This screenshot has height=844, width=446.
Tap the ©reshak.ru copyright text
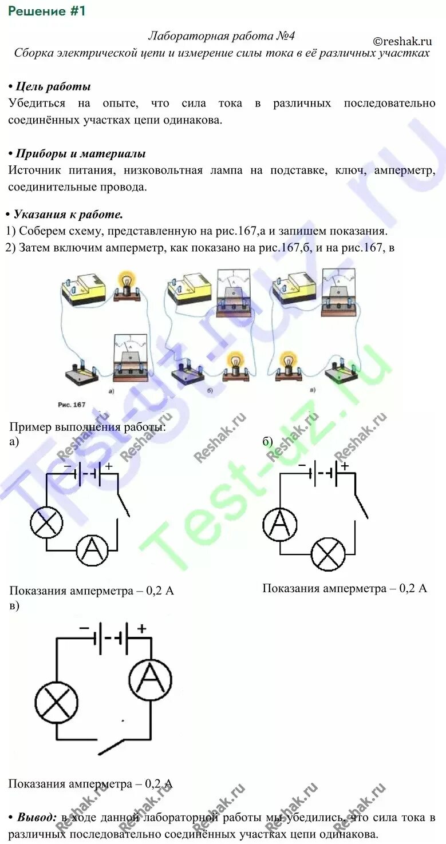pos(402,41)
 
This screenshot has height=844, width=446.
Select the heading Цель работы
pos(53,87)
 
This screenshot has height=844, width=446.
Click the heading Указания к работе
pos(68,215)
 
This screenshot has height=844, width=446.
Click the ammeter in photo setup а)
pos(131,358)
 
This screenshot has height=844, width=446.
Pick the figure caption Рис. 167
pos(72,405)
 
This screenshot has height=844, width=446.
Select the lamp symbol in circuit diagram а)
pos(47,522)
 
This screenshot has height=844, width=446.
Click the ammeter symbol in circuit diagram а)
pos(93,550)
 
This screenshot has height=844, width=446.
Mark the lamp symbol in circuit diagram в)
pos(56,703)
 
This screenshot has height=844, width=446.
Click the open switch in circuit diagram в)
pos(123,745)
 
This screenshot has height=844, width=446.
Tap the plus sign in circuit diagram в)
pos(141,628)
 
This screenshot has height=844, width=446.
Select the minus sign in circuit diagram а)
pos(67,466)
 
